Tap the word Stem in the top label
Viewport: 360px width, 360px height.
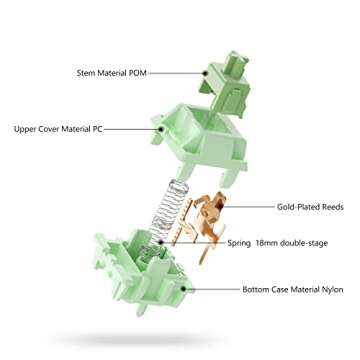click(x=87, y=73)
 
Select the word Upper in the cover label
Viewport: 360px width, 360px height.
click(x=26, y=129)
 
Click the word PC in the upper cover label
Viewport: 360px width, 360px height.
click(x=103, y=129)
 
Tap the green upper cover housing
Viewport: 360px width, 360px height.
click(x=196, y=140)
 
